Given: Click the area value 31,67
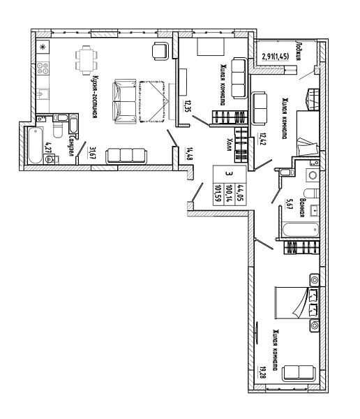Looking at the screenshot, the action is [93, 152].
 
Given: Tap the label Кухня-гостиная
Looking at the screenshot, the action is [94, 96].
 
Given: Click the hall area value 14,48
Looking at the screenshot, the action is [190, 154].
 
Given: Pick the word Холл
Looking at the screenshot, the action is [229, 145].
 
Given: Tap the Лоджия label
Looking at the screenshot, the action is [299, 51].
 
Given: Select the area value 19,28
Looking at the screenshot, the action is [260, 372].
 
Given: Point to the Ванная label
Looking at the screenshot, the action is [302, 207].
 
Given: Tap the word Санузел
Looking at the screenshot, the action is [71, 146].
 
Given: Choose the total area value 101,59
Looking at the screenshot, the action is [218, 193].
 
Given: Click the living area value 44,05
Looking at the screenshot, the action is [239, 193].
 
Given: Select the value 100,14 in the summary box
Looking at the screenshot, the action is [229, 193].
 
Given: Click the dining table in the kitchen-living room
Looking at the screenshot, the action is [87, 60].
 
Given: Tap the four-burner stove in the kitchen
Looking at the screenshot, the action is [43, 68].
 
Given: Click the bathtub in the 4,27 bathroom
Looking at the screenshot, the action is [36, 145].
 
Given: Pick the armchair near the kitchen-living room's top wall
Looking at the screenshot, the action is [160, 51].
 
